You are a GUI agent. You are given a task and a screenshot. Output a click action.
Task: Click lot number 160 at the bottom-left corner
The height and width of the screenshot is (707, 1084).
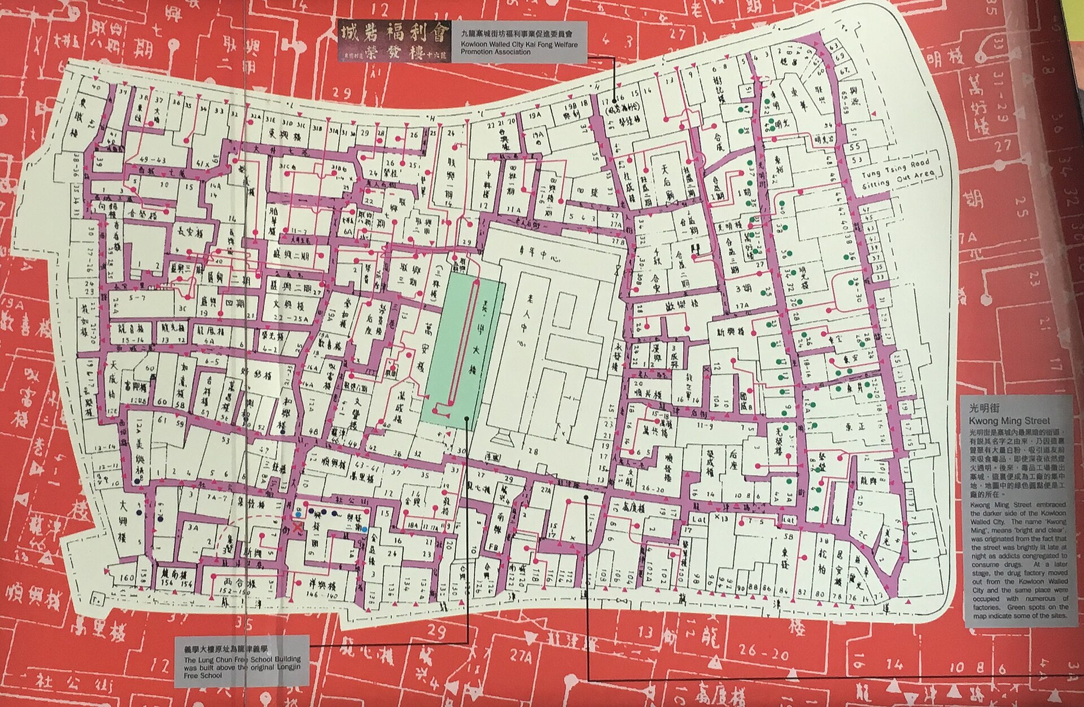coord(128,578)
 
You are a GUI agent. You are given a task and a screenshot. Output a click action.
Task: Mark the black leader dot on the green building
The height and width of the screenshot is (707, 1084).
coord(467,418)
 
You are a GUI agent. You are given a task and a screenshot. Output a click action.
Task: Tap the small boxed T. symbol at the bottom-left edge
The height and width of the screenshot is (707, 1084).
coord(81,598)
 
